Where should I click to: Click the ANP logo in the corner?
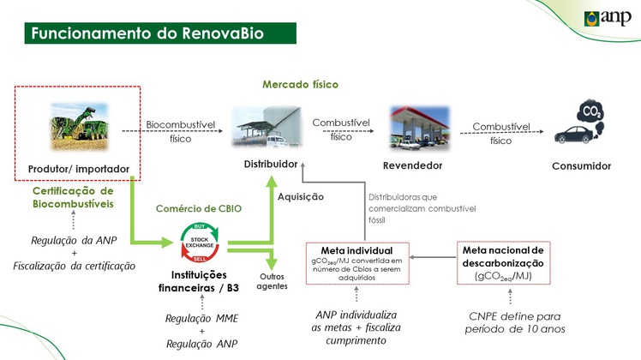pos(608,18)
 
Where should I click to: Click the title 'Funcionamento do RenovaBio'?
pos(147,33)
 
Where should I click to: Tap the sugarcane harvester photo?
pos(80,126)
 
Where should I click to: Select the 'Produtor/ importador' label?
pos(79,169)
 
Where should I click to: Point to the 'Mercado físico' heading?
pos(301,85)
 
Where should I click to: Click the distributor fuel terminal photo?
pos(267,126)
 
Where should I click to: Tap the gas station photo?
pos(420,128)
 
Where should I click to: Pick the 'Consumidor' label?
pos(581,166)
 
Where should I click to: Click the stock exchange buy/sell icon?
pos(200,243)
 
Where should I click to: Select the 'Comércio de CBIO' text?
pos(199,208)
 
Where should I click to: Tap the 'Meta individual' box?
pos(357,263)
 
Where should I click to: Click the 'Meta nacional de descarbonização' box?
pos(503,262)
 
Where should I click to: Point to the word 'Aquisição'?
pos(301,197)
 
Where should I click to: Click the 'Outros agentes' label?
pos(272,281)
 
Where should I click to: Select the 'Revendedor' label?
pos(412,165)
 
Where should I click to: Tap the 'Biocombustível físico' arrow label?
pos(180,132)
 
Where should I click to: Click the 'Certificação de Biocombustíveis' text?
pos(73,197)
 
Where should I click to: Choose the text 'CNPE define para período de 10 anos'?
pos(515,322)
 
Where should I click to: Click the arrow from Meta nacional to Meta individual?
pos(433,257)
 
